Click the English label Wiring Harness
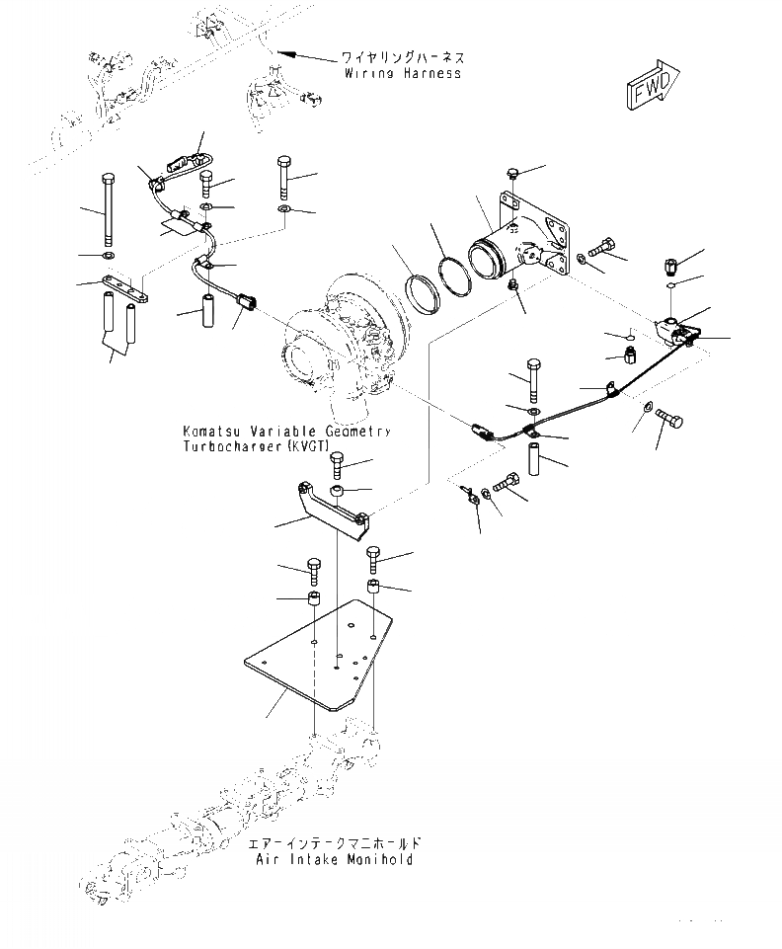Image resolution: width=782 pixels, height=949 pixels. pos(403,74)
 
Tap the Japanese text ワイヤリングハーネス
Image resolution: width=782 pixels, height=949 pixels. pos(403,58)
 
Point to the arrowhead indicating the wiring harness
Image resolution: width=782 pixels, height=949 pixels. pos(283,51)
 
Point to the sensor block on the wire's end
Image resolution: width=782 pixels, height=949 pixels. pos(679,331)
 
